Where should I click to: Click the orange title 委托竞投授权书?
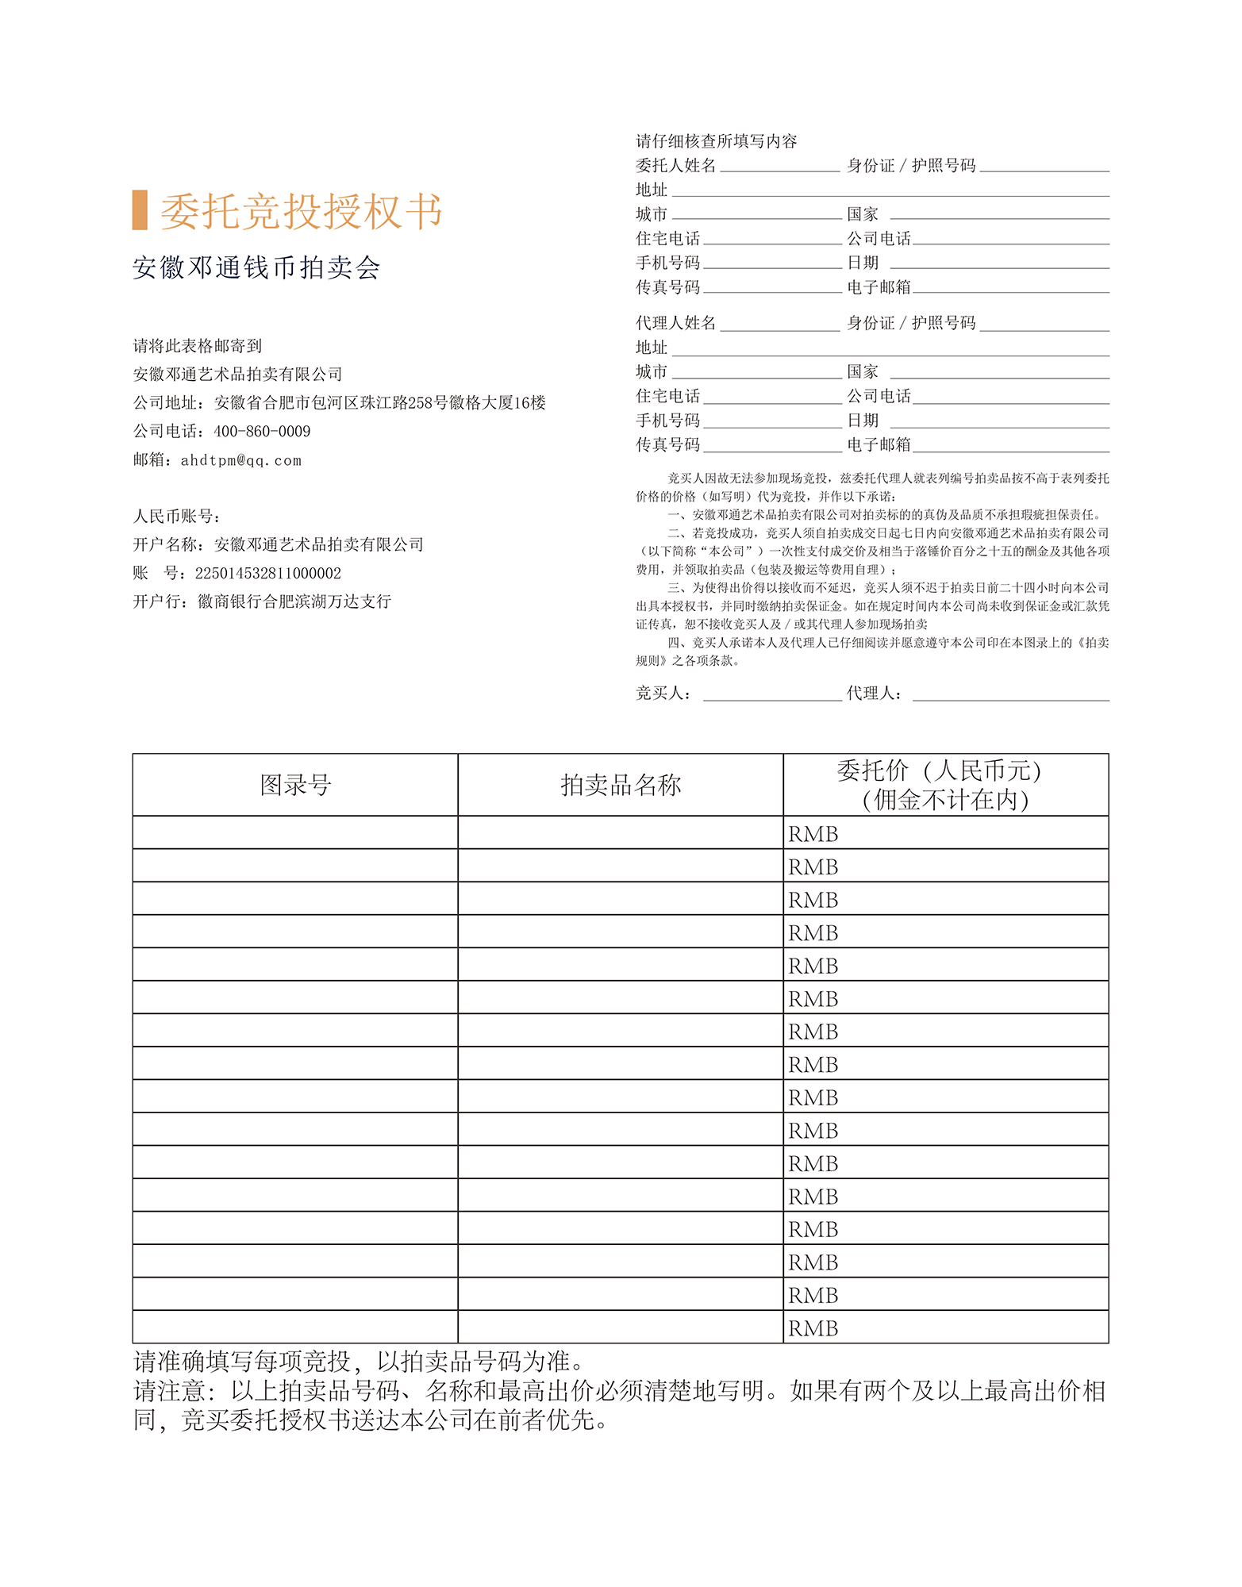[x=301, y=212]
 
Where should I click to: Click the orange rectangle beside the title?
[x=140, y=210]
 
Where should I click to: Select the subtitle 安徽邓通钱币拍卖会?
[x=256, y=268]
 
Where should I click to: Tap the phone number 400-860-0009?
[x=262, y=432]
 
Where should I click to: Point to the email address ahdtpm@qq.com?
[x=241, y=460]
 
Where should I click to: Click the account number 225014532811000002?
[x=268, y=573]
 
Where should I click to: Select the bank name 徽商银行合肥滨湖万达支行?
[x=294, y=601]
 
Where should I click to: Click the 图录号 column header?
[x=295, y=785]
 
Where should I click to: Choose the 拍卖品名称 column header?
[x=621, y=785]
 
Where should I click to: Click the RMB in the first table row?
[x=813, y=834]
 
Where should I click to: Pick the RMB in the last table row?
[x=813, y=1328]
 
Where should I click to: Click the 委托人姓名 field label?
[x=675, y=165]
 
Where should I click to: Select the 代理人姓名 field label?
[x=675, y=323]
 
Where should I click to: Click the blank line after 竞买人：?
[x=772, y=694]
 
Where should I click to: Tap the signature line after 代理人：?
[x=1010, y=694]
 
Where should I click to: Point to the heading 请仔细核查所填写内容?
[x=716, y=141]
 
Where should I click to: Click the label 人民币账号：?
[x=176, y=517]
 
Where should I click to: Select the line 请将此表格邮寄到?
[x=198, y=346]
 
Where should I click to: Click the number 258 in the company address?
[x=421, y=403]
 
